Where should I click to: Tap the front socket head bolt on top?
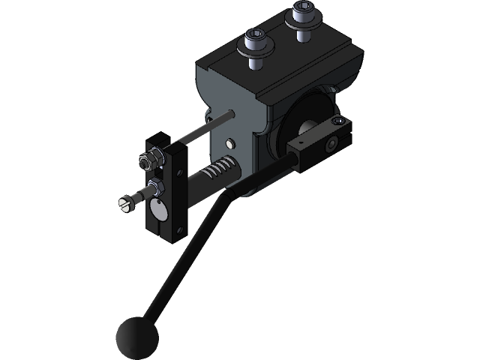[x=254, y=38]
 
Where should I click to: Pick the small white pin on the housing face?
[x=230, y=142]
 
